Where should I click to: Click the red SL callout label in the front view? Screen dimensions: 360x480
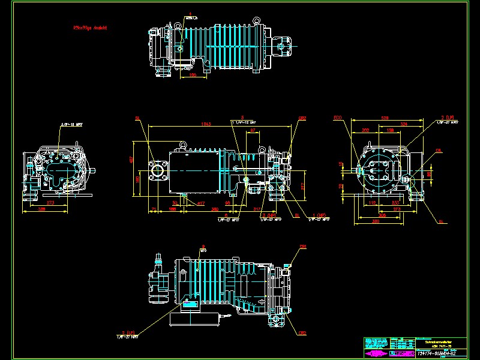[137, 118]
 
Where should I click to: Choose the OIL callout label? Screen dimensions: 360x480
[439, 150]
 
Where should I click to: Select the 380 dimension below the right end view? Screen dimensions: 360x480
[376, 221]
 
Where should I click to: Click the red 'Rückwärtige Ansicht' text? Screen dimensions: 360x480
[89, 28]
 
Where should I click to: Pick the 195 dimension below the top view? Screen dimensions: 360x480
[193, 75]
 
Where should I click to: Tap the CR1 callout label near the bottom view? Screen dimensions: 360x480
[303, 247]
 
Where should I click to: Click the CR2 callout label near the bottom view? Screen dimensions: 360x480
[303, 333]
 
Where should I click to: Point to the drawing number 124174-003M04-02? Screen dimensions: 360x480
[440, 353]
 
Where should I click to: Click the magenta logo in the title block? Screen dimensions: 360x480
[376, 353]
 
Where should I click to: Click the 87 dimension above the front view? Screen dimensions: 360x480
[253, 130]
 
